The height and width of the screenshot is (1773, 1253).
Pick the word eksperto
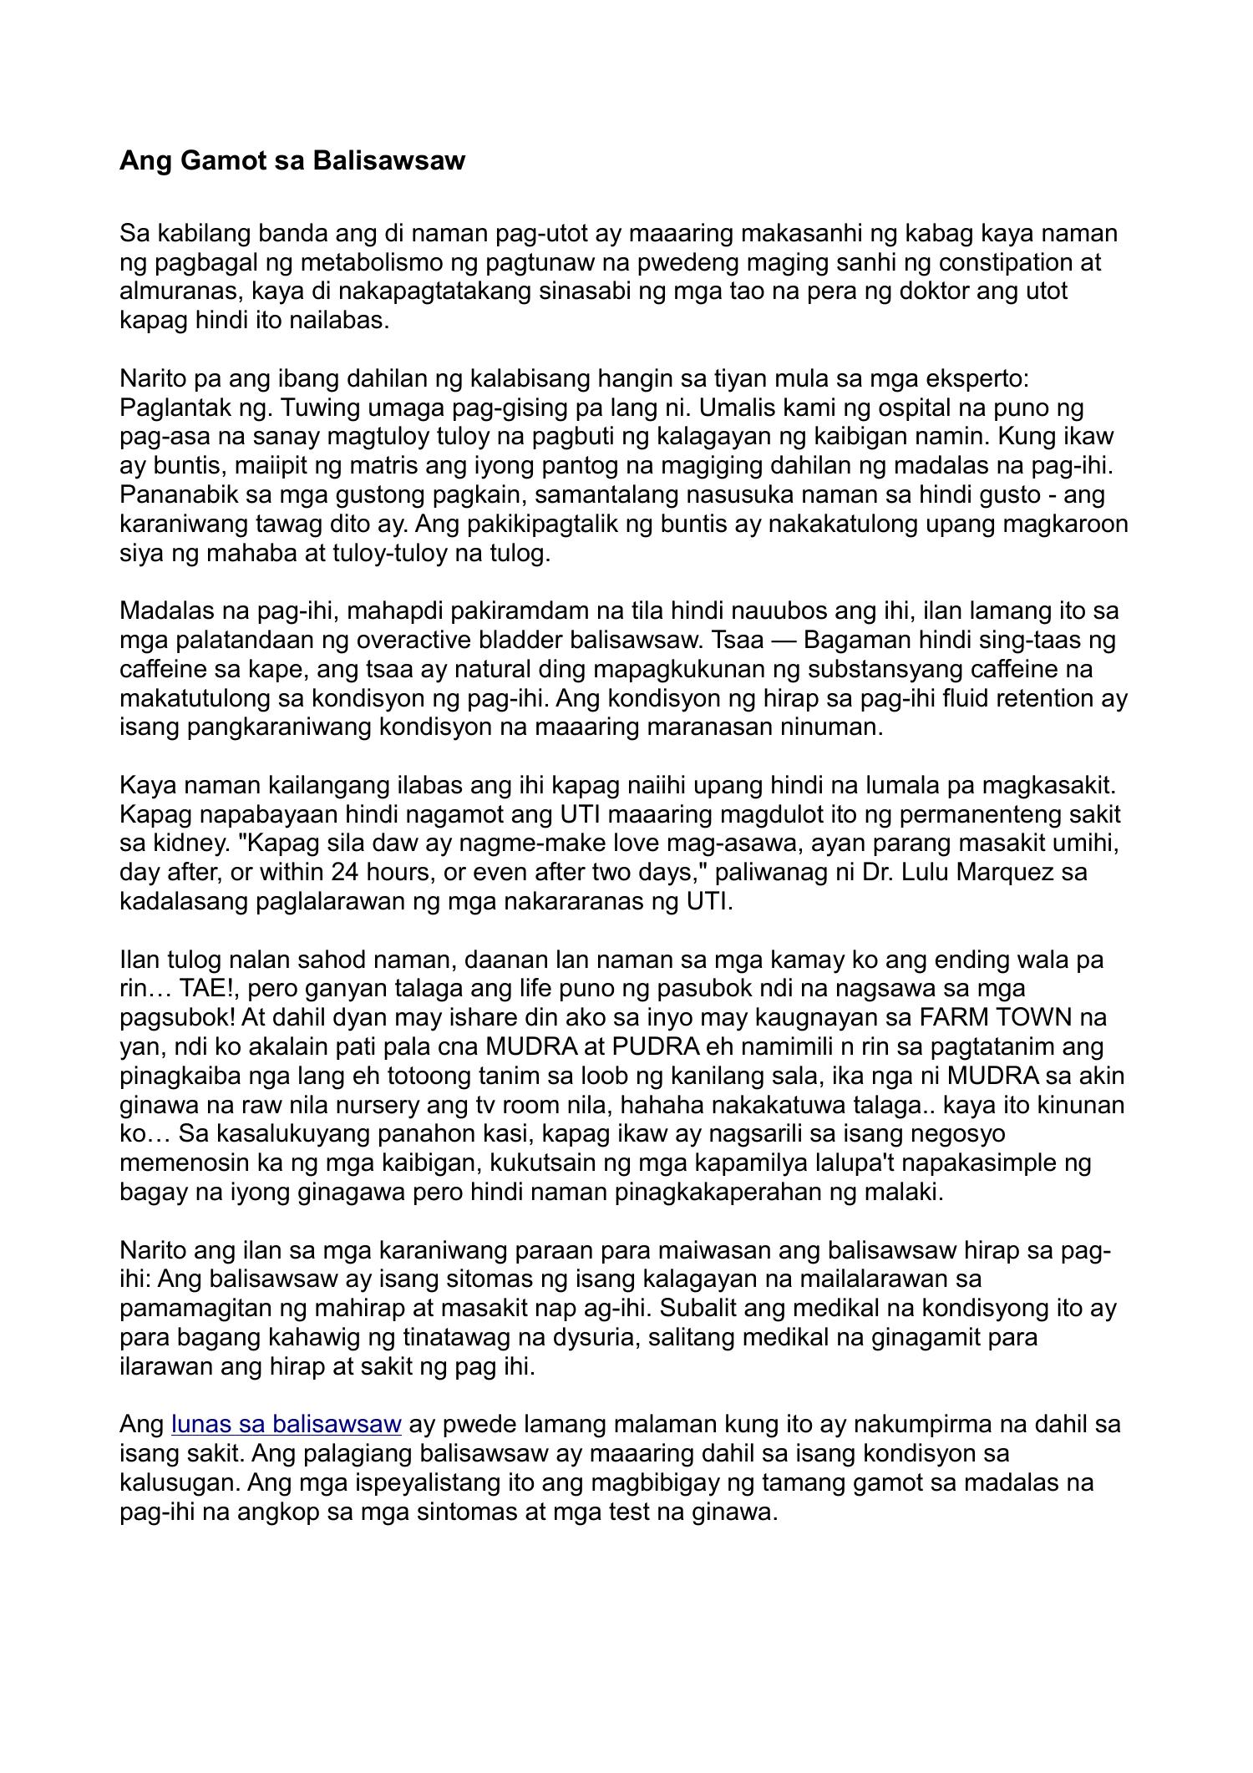click(977, 378)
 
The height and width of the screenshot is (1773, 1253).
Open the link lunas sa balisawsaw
click(287, 1424)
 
